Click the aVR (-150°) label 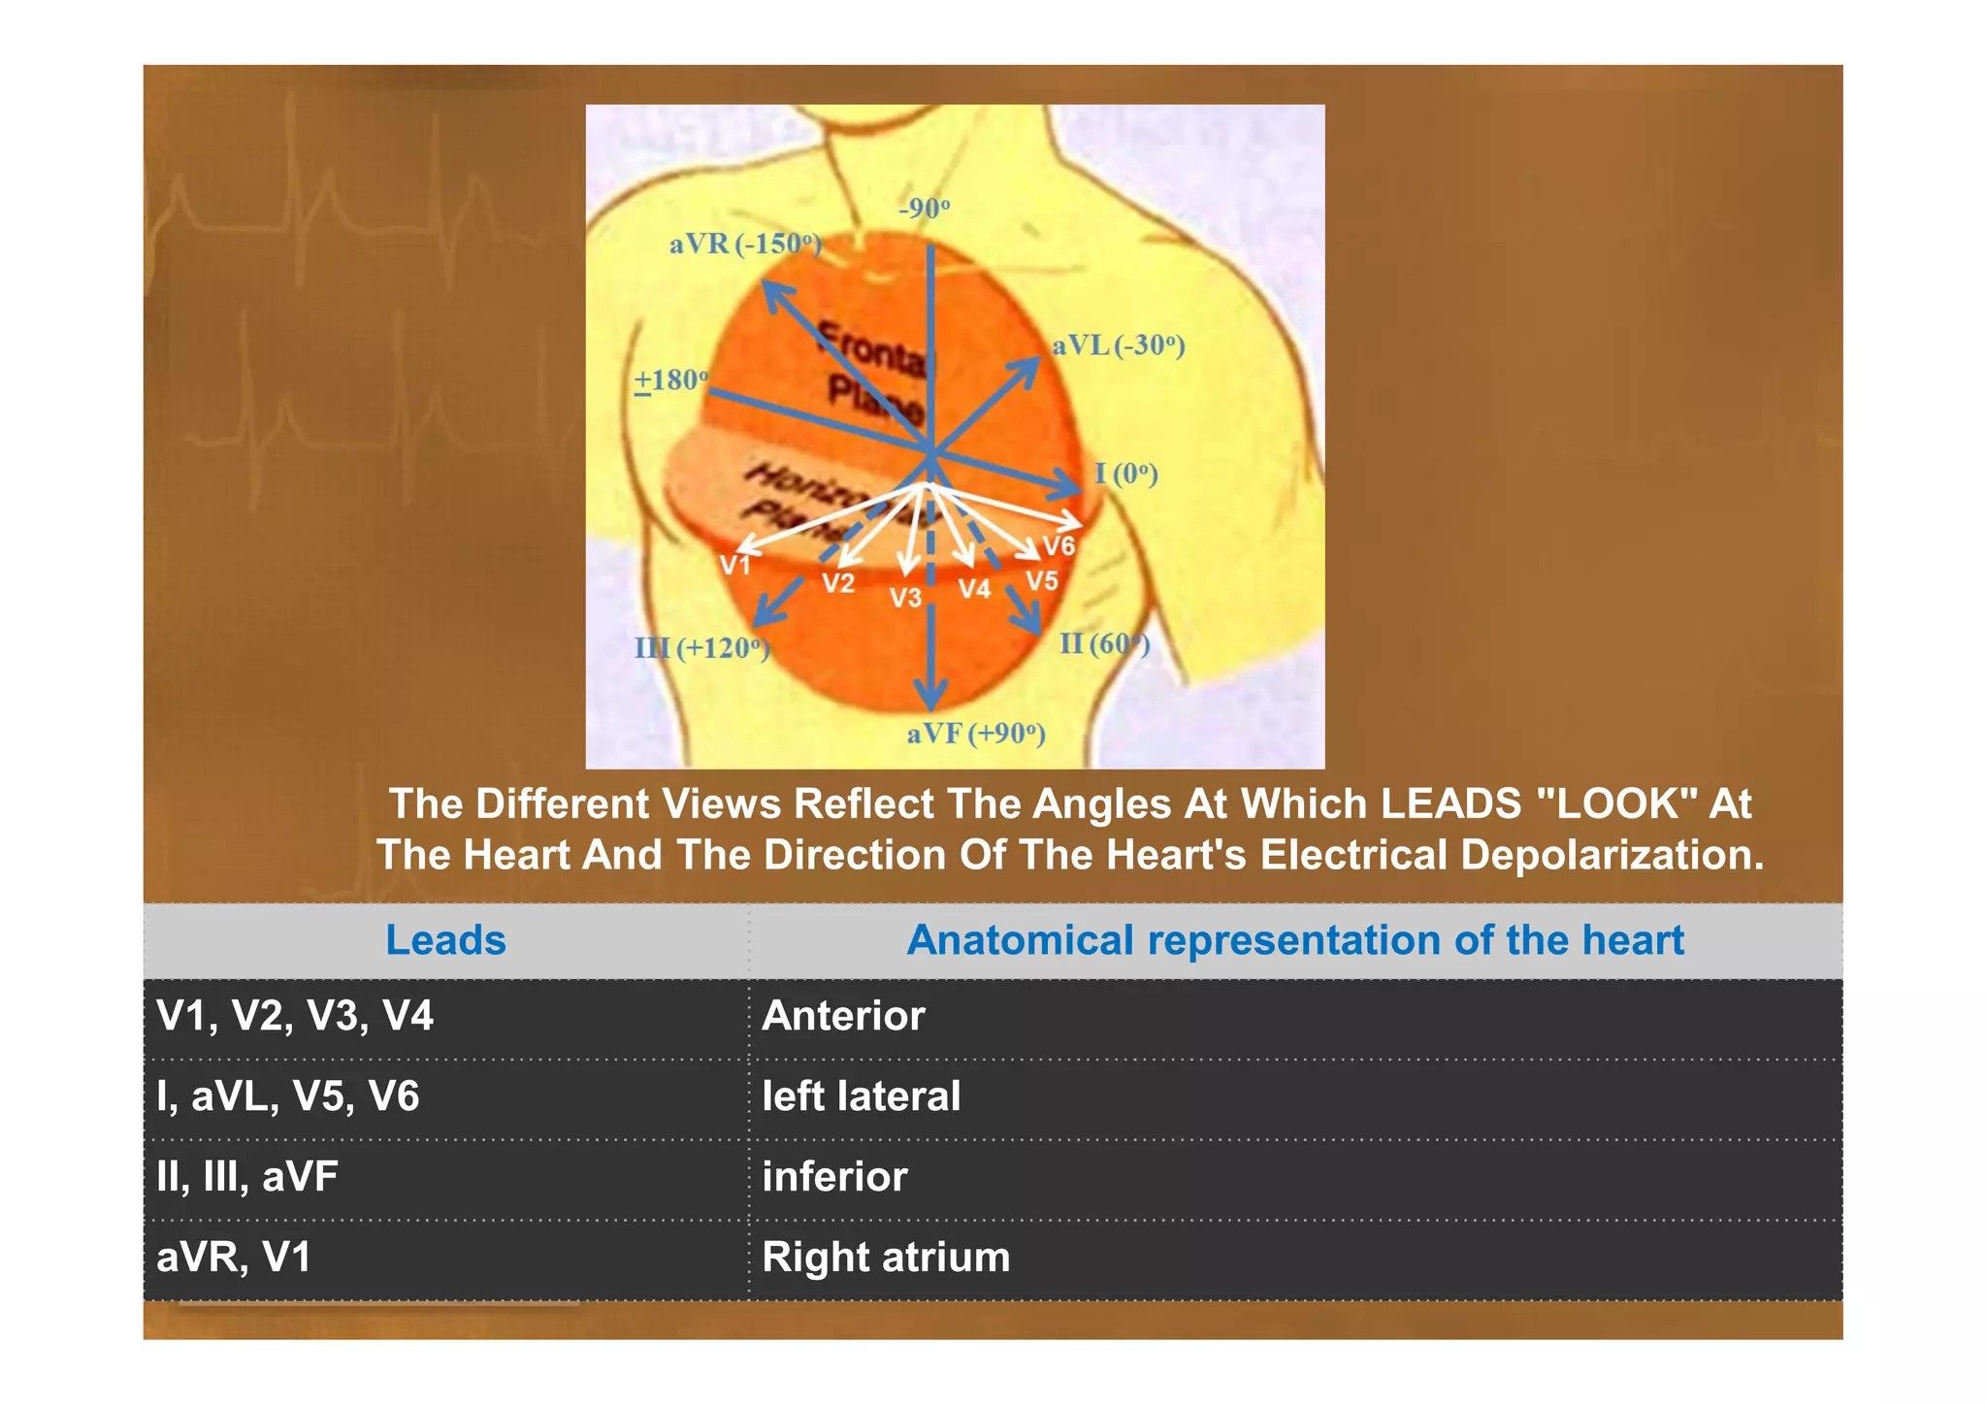coord(745,244)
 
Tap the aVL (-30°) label coord(1118,345)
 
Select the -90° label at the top coord(924,209)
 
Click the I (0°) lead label coord(1125,474)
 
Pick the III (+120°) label coord(701,647)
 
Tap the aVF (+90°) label coord(976,734)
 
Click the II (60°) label coord(1104,643)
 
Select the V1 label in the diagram coord(735,566)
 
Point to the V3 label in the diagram coord(905,597)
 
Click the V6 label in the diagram coord(1059,546)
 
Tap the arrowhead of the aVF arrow coord(930,697)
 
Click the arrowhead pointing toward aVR coord(772,291)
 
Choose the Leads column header coord(445,940)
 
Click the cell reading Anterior coord(843,1016)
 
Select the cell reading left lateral coord(861,1096)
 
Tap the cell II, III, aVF coord(247,1177)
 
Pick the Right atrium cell coord(886,1258)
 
